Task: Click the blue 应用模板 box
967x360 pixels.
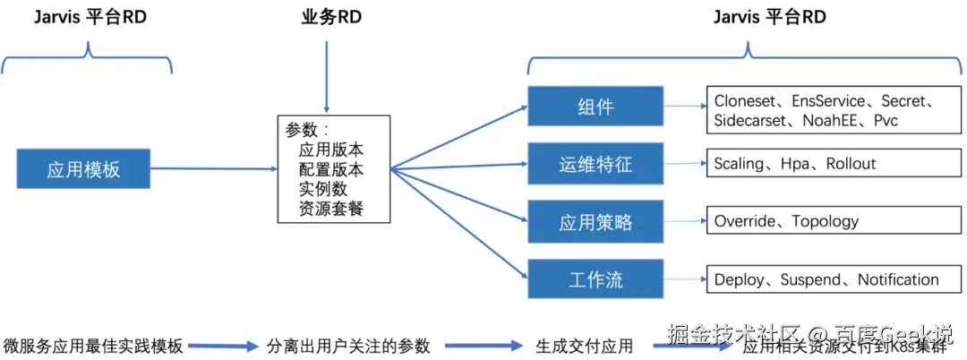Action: tap(83, 169)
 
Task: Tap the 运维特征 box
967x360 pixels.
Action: tap(595, 165)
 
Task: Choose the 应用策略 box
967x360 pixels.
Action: tap(595, 221)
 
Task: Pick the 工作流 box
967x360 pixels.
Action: tap(595, 279)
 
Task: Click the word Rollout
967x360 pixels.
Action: tap(851, 164)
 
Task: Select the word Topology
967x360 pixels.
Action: tap(825, 221)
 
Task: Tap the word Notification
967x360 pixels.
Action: tap(898, 279)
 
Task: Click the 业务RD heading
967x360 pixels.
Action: tap(326, 18)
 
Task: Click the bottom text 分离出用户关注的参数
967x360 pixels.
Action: tap(348, 346)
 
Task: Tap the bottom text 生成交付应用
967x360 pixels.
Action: tap(584, 346)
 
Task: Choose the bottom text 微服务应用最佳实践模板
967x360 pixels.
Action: tap(93, 346)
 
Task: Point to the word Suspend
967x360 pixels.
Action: tap(809, 279)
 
